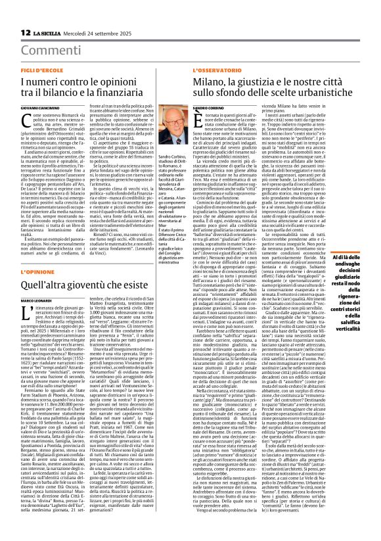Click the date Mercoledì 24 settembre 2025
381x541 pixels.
93,33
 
